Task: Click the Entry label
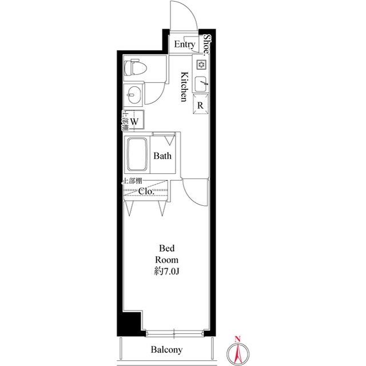click(x=184, y=45)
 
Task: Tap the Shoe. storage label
click(x=206, y=45)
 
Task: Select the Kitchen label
click(x=184, y=86)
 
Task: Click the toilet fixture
click(x=136, y=67)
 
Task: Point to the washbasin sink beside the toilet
click(x=133, y=94)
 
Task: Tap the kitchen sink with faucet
click(x=201, y=84)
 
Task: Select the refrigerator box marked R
click(x=201, y=104)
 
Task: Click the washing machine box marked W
click(x=134, y=121)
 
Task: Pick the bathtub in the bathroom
click(x=137, y=154)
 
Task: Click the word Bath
click(x=162, y=156)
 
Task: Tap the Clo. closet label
click(x=146, y=191)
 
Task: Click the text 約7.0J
click(x=166, y=271)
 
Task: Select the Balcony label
click(x=166, y=349)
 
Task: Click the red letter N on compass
click(x=238, y=339)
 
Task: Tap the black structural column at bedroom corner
click(x=130, y=323)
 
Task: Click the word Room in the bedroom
click(x=166, y=260)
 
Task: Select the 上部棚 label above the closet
click(x=132, y=181)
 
